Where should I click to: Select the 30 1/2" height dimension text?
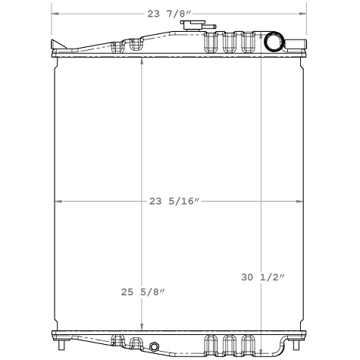263,278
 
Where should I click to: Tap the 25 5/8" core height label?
142,292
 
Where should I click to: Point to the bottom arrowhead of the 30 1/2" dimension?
261,349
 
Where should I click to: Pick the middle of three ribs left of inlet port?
228,42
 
